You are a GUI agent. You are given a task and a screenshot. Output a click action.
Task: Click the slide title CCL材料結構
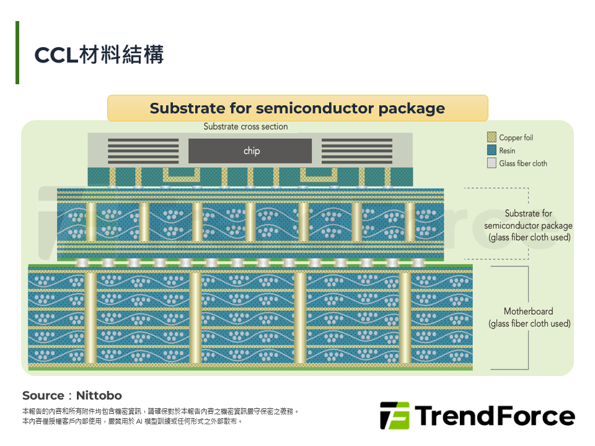[x=99, y=55]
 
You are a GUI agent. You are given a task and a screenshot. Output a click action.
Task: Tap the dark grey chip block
[x=250, y=151]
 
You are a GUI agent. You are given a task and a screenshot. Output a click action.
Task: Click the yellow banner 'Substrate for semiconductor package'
[x=297, y=108]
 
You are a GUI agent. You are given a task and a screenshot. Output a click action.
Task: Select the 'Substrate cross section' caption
[x=245, y=126]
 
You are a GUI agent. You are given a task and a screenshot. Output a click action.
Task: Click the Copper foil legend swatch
[x=491, y=137]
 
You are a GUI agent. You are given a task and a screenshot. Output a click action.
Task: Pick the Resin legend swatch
[x=491, y=150]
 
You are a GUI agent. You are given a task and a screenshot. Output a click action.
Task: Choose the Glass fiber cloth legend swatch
[x=491, y=163]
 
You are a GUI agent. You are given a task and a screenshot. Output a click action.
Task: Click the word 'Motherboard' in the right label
[x=528, y=312]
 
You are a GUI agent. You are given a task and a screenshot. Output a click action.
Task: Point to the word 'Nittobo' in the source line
[x=99, y=396]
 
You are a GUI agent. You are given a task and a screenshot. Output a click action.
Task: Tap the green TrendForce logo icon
[x=395, y=416]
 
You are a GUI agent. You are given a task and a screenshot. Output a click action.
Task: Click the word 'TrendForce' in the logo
[x=495, y=416]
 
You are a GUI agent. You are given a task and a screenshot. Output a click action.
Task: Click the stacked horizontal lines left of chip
[x=143, y=151]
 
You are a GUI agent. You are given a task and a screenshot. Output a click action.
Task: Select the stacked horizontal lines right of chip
[x=357, y=151]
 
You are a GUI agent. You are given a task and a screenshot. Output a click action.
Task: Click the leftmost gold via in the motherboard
[x=90, y=318]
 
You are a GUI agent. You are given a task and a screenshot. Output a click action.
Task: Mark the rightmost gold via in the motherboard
[x=405, y=318]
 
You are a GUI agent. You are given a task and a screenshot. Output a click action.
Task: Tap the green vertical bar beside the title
[x=17, y=52]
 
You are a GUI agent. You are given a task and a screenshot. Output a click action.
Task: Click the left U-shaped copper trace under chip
[x=182, y=175]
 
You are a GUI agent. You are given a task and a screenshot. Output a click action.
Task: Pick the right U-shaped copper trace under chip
[x=319, y=175]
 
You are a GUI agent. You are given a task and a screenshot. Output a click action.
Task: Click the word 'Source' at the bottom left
[x=43, y=396]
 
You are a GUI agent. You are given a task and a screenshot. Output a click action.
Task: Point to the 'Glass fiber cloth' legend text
[x=523, y=164]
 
